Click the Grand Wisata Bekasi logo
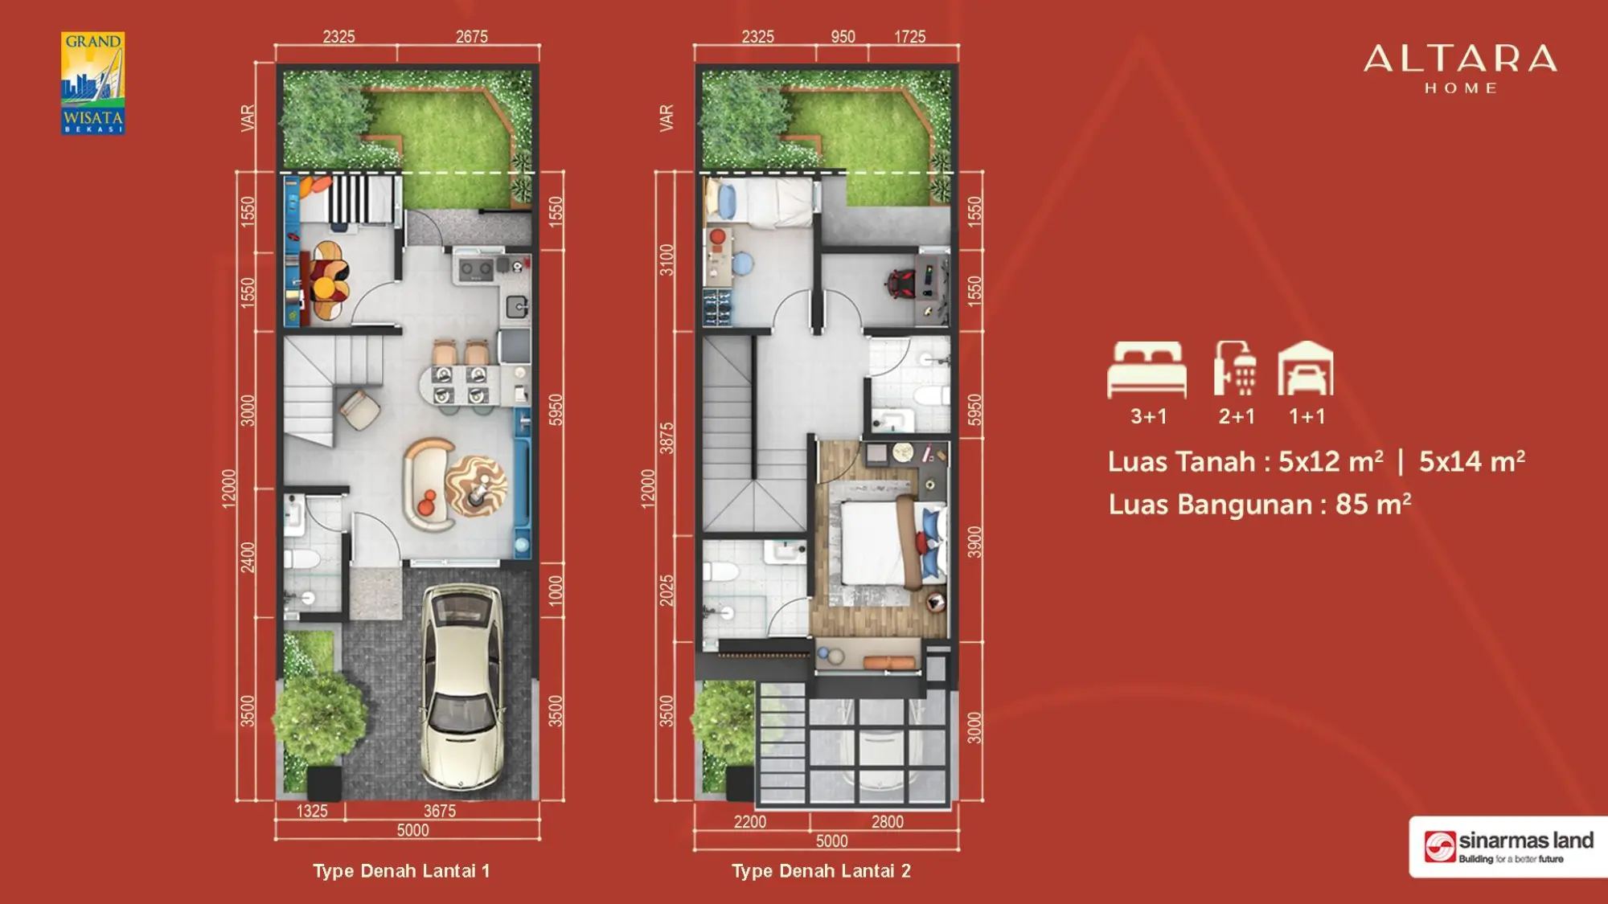(93, 83)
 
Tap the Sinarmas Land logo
(1508, 847)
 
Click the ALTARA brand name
(1460, 59)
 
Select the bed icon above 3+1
(1147, 370)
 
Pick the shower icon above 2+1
(1236, 368)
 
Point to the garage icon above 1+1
(1306, 368)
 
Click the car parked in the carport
(463, 687)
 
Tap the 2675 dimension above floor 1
(471, 36)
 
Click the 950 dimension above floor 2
(843, 36)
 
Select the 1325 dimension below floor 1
(312, 811)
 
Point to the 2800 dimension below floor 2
(887, 821)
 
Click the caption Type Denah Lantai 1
(401, 871)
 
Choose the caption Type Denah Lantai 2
(821, 871)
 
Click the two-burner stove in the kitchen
(475, 270)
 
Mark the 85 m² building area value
(1372, 504)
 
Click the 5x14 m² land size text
(1471, 461)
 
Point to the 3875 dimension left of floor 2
(667, 438)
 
